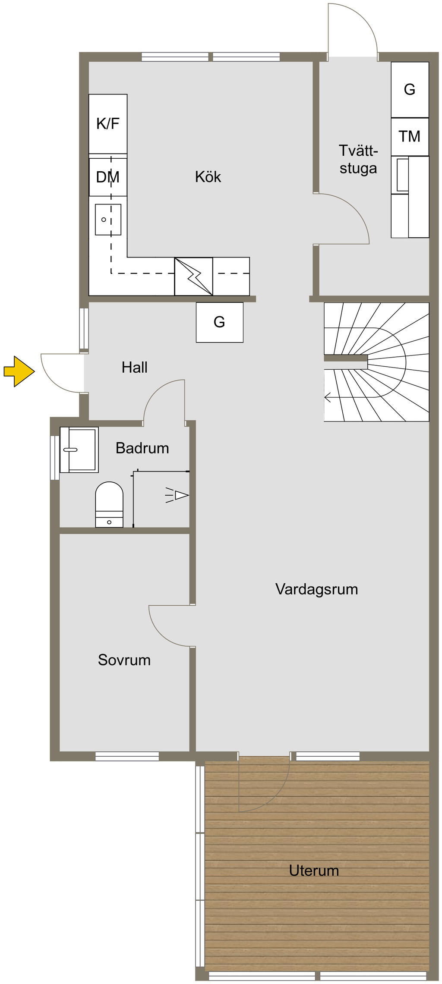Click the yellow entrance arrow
(19, 371)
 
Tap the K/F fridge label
(108, 124)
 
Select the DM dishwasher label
(108, 177)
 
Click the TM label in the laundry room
(410, 136)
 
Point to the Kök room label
(208, 177)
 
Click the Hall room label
(135, 368)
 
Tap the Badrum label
(142, 448)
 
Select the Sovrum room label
(124, 660)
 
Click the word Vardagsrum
(317, 589)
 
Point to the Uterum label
(314, 871)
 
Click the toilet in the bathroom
(109, 504)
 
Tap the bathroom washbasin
(79, 450)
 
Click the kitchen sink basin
(108, 220)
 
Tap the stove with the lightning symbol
(193, 277)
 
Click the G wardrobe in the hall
(220, 322)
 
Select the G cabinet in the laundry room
(410, 90)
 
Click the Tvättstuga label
(358, 159)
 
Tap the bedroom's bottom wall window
(127, 756)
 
